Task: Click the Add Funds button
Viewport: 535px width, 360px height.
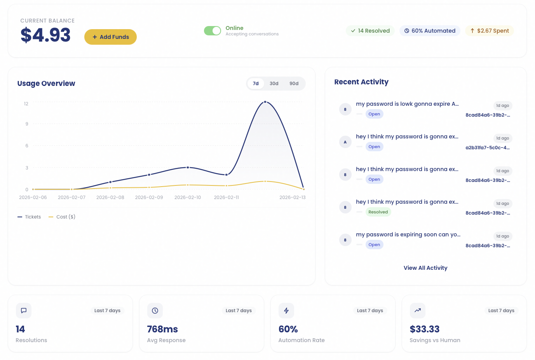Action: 110,37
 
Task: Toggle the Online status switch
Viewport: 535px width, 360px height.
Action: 213,31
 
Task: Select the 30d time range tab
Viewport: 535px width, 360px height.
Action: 274,84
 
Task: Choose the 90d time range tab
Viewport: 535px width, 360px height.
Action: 294,84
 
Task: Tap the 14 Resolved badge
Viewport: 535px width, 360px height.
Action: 370,31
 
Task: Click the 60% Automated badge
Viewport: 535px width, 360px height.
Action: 430,31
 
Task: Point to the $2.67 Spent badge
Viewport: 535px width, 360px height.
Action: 489,31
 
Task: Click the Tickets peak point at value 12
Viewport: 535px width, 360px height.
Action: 265,102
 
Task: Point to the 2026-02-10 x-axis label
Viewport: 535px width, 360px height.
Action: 188,197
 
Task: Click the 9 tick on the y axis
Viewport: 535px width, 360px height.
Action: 27,124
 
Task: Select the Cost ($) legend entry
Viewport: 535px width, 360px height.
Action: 62,217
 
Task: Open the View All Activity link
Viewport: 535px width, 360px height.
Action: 425,268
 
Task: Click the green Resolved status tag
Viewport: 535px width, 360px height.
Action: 378,212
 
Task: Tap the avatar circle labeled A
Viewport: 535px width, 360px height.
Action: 345,142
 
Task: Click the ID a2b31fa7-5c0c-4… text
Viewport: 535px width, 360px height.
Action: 488,148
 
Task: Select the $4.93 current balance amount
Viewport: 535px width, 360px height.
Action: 45,35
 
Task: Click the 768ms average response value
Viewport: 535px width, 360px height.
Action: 162,329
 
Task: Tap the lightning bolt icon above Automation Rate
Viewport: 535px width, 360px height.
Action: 286,311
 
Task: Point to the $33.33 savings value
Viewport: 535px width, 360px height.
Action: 425,329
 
